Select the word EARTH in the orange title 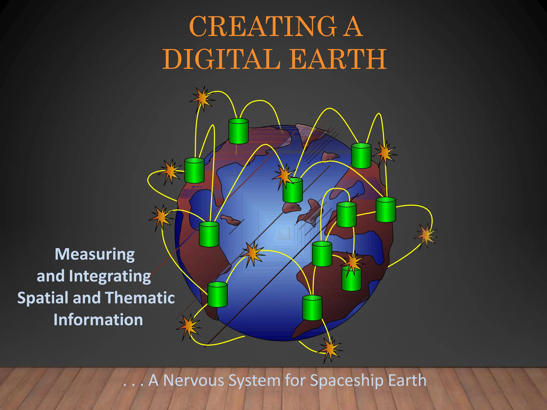(x=338, y=59)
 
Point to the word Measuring (x=95, y=254)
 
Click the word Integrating (x=110, y=276)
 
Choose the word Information (x=98, y=320)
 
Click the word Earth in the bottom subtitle (x=407, y=380)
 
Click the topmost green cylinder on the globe (x=239, y=131)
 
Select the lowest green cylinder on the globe (x=312, y=308)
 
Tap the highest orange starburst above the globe (x=202, y=98)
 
